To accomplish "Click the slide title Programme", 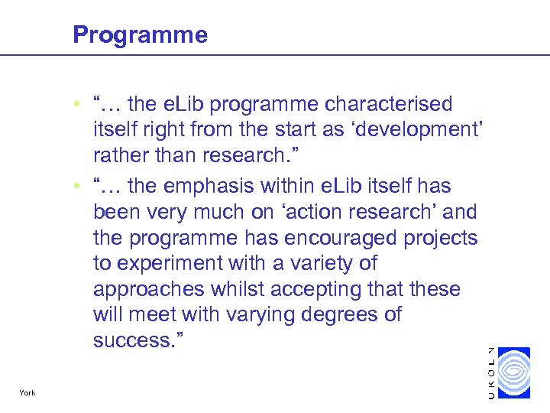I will [x=140, y=35].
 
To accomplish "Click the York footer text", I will [x=27, y=393].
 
